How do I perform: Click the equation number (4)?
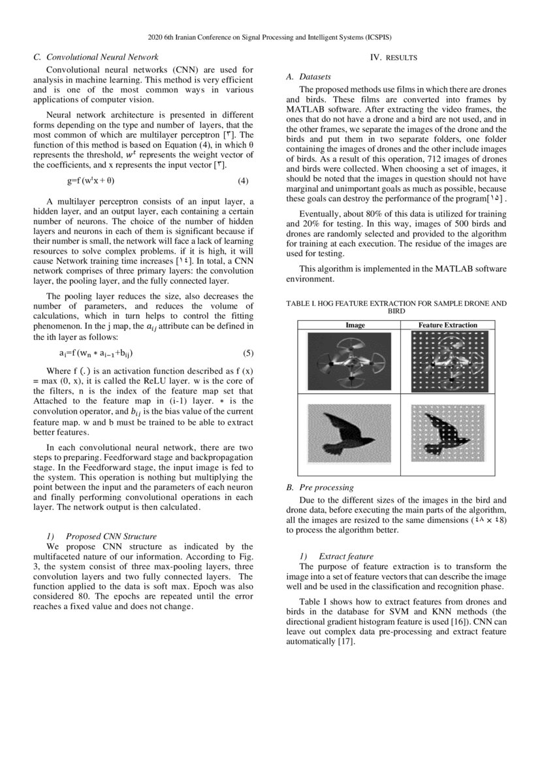click(x=242, y=180)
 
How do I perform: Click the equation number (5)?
click(x=247, y=354)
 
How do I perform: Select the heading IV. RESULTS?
click(x=394, y=58)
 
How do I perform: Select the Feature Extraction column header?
click(x=447, y=325)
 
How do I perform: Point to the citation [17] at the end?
click(x=345, y=642)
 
